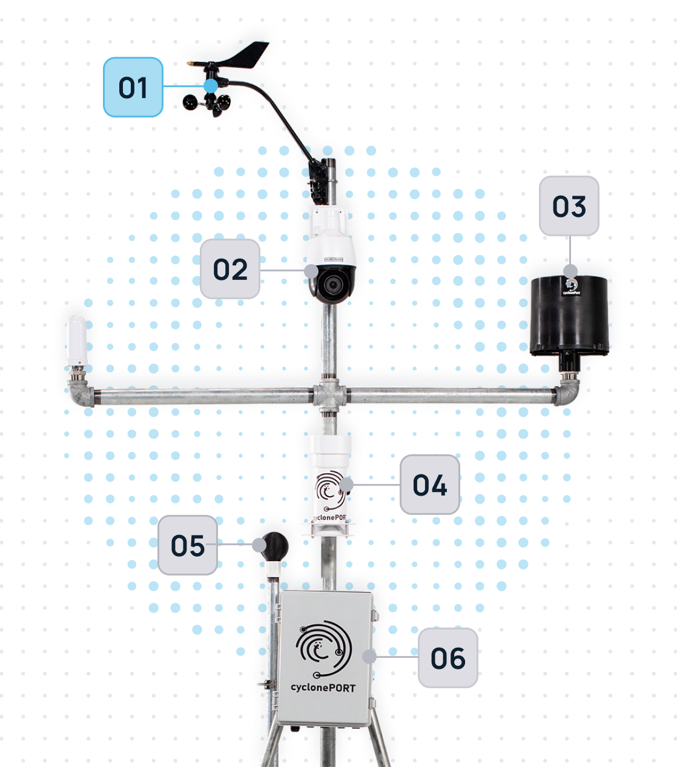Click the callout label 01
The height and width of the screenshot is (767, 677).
133,87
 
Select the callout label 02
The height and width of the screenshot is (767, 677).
230,269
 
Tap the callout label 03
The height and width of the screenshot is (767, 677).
569,206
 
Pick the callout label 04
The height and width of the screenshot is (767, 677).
429,485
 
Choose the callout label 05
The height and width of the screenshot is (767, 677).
188,545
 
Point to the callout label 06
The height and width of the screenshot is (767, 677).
447,658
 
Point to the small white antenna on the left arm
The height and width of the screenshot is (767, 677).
77,340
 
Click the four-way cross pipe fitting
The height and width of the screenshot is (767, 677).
329,397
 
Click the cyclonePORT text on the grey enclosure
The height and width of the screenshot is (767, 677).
323,688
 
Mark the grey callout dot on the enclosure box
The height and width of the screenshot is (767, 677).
369,656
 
